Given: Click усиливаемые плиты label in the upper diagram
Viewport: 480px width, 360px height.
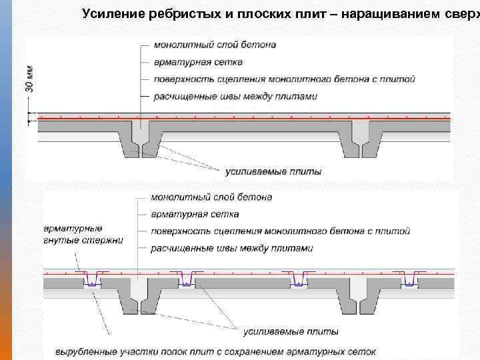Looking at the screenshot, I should click(273, 171).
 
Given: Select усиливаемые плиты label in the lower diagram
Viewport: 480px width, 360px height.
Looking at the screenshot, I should click(290, 331).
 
